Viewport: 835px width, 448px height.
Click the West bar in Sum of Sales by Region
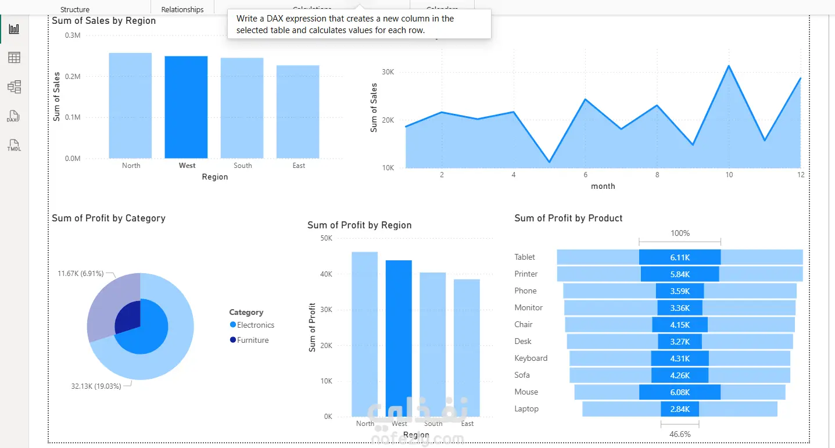[x=186, y=107]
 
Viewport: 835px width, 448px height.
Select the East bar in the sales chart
[x=298, y=112]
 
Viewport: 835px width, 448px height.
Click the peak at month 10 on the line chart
[x=729, y=66]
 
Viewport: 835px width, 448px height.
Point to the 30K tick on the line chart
[x=388, y=72]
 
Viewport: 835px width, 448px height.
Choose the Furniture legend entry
[x=252, y=340]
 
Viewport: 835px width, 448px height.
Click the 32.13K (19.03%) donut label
[x=96, y=386]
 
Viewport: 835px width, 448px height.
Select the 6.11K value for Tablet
[x=679, y=257]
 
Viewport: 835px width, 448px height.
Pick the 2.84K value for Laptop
[x=679, y=409]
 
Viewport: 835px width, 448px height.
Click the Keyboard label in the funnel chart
[x=531, y=359]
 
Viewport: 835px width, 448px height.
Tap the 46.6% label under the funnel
[x=679, y=434]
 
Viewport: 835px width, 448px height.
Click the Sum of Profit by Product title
[x=568, y=218]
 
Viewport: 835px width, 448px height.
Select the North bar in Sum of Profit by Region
[x=364, y=334]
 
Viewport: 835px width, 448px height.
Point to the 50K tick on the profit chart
[x=326, y=238]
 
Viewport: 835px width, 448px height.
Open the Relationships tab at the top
[x=182, y=9]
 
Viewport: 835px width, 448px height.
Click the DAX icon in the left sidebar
[x=13, y=117]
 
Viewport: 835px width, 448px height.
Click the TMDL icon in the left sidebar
[x=14, y=146]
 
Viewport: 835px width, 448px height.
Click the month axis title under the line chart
[x=603, y=187]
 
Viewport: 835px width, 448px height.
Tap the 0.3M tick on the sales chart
[x=73, y=35]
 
